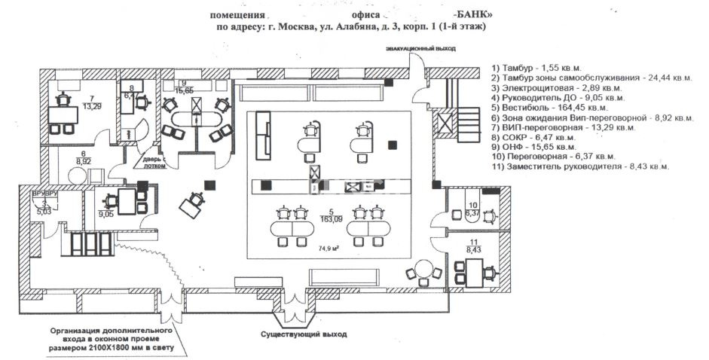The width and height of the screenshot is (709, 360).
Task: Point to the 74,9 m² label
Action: (327, 247)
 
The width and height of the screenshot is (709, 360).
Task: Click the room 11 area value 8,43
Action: (474, 249)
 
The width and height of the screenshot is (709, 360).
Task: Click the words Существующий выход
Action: (304, 333)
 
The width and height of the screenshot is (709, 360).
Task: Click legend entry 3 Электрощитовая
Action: (550, 87)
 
